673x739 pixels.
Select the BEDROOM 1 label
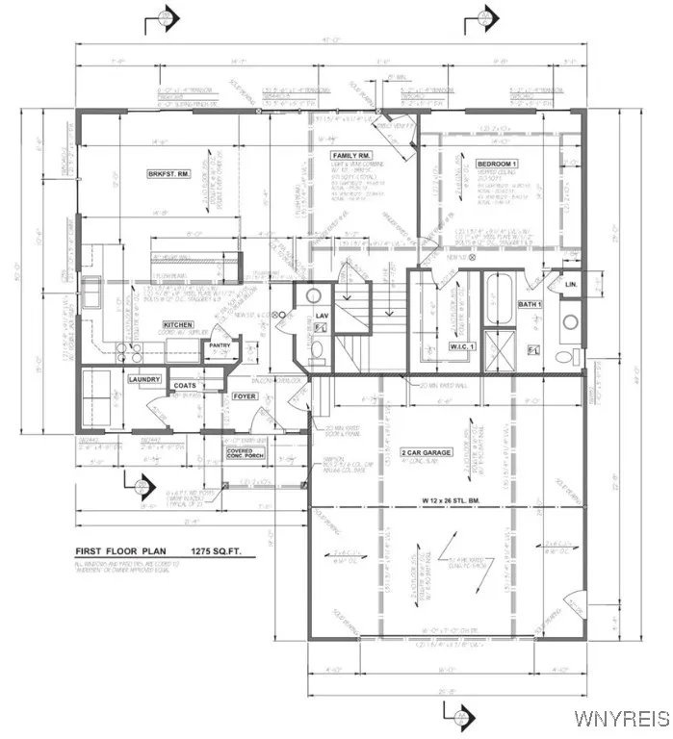pos(498,164)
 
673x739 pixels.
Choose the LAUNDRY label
pos(143,380)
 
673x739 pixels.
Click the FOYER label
pos(243,394)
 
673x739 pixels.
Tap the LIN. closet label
pos(571,285)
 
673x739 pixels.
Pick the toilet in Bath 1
pos(563,357)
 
